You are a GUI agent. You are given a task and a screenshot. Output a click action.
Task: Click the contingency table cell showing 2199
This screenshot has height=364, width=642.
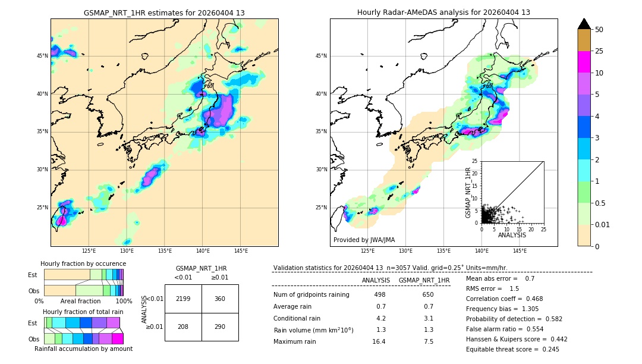183,299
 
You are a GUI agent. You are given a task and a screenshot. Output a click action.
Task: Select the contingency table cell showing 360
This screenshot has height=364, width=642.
220,299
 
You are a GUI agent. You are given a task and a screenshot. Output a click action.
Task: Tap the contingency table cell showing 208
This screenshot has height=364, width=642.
183,327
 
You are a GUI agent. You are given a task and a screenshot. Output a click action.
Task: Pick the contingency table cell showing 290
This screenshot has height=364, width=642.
220,327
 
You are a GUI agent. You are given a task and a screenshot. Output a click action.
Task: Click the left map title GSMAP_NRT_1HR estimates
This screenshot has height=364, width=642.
164,12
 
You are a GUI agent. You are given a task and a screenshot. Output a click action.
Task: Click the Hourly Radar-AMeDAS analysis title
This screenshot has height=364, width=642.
443,12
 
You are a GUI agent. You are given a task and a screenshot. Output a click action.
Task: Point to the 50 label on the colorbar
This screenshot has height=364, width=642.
599,30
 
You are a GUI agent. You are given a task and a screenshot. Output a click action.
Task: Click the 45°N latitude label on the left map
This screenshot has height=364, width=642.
42,56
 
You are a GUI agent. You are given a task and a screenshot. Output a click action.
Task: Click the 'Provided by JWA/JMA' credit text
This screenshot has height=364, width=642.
364,240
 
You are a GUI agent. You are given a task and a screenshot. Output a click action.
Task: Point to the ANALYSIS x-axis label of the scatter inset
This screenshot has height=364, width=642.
512,236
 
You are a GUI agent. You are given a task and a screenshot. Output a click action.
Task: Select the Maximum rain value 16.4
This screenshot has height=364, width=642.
379,341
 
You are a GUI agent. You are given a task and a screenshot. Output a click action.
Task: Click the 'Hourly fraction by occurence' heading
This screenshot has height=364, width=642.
83,263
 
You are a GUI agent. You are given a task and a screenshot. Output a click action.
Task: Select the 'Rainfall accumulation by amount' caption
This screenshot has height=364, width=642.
83,349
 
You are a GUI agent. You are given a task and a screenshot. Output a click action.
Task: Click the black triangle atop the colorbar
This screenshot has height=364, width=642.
584,24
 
